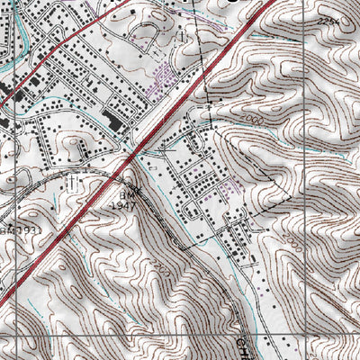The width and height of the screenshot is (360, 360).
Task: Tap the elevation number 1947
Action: coord(127,205)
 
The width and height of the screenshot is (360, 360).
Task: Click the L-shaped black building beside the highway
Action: coord(112,121)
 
